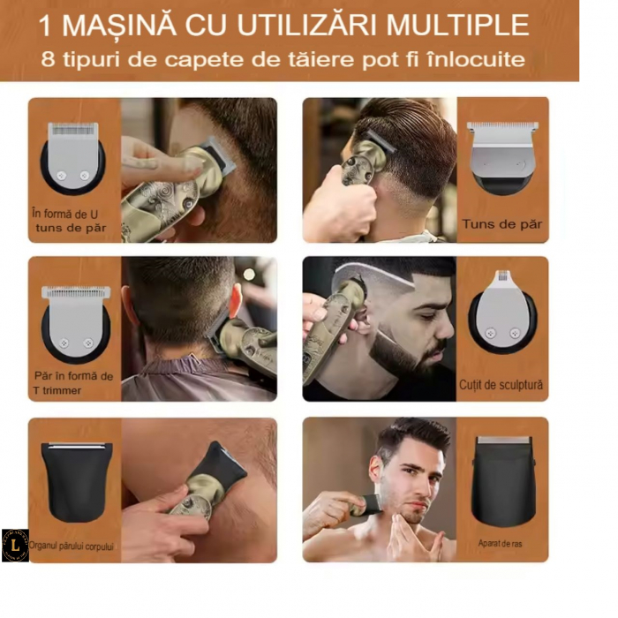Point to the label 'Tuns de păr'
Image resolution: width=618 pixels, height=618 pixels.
(501, 224)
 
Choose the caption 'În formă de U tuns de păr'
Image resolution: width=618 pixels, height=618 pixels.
(71, 221)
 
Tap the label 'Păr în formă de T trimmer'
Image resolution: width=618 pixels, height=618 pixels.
(73, 382)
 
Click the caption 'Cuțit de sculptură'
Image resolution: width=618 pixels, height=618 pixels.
(501, 385)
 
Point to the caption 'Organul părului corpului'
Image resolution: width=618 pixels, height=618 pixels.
(72, 546)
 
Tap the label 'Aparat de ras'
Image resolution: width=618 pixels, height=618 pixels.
(501, 544)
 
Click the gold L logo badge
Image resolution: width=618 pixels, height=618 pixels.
(15, 545)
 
